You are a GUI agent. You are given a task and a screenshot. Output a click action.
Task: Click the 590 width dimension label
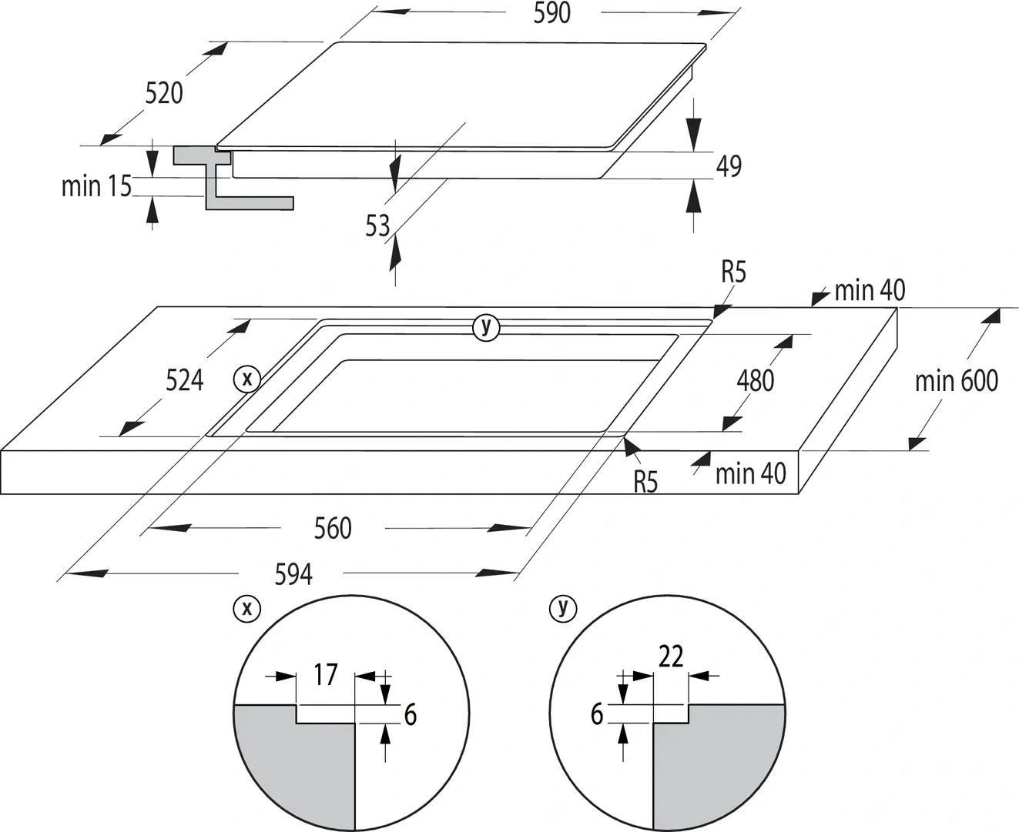[551, 13]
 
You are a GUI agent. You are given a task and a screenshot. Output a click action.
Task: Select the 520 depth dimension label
[164, 93]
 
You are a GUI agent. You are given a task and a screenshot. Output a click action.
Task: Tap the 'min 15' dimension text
[96, 186]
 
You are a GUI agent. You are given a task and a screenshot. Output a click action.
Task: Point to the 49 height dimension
[729, 166]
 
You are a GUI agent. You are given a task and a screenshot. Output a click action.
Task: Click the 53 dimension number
[377, 226]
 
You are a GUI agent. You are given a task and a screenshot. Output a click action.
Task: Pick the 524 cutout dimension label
[185, 380]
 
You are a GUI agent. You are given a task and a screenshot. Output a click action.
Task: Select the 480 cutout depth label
[755, 380]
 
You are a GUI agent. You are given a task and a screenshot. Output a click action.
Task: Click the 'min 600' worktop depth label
[956, 380]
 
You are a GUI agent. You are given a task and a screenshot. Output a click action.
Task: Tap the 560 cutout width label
[333, 528]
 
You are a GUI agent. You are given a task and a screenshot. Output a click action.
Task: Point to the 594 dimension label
[293, 574]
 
